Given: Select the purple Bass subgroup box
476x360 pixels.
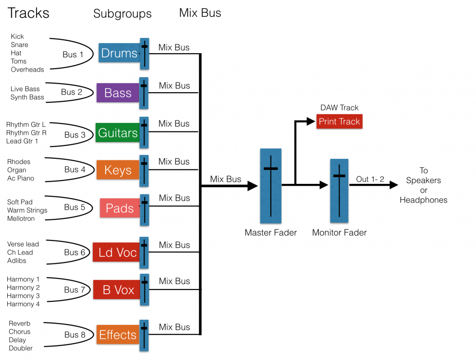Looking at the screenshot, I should click(x=118, y=93).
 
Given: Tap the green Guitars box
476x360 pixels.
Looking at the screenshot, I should click(x=118, y=132).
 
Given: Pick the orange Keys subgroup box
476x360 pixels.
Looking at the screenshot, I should click(x=118, y=170).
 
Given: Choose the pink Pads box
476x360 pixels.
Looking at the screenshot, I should click(x=120, y=208).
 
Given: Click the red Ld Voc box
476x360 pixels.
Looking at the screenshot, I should click(x=116, y=252).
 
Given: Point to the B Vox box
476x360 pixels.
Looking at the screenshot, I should click(x=116, y=290).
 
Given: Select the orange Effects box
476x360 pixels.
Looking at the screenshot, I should click(x=118, y=335).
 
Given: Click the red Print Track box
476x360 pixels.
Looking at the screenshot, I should click(x=339, y=121).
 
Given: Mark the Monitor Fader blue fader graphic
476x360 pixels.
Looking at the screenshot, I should click(x=339, y=190).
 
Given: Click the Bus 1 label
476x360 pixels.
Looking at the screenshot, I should click(x=73, y=55).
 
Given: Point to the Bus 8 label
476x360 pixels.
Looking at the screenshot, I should click(x=75, y=335).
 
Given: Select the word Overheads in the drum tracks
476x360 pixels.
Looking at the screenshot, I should click(x=27, y=70).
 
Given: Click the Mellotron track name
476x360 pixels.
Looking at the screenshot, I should click(x=21, y=219).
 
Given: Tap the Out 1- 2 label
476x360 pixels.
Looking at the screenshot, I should click(x=369, y=179).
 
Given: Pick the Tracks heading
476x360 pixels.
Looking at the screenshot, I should click(x=29, y=13).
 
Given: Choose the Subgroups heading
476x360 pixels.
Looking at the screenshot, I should click(x=122, y=14).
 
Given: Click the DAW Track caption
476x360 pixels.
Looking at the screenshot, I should click(x=339, y=108).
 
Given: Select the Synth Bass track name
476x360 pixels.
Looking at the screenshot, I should click(x=27, y=97).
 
